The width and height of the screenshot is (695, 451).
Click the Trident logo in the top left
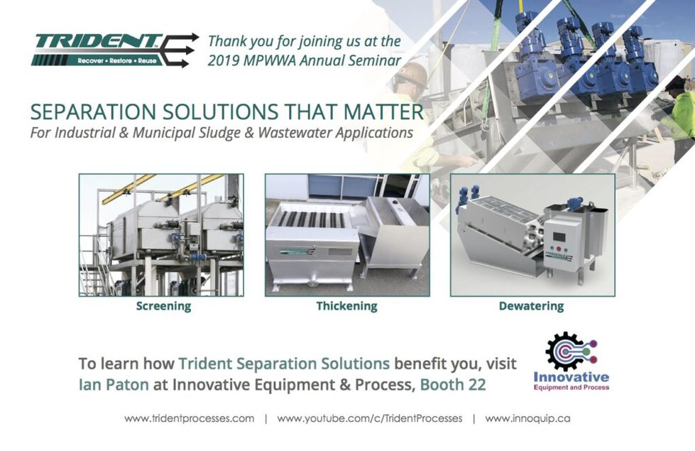coord(114,50)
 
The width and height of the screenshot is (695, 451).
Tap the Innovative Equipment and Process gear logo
coord(571,361)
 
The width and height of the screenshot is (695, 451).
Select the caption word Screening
coord(163,306)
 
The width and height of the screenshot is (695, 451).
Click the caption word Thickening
coord(346,306)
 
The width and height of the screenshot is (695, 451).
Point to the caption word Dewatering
coord(531,306)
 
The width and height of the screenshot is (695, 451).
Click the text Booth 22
coord(452,384)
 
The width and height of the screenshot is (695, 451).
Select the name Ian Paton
coord(114,384)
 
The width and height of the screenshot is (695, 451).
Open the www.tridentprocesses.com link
coord(190,418)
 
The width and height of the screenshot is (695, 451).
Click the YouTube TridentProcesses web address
coord(370,418)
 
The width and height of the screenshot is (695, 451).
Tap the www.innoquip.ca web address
coord(527,418)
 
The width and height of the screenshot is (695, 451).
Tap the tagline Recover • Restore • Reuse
coord(117,61)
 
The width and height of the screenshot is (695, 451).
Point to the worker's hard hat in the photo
coord(414,74)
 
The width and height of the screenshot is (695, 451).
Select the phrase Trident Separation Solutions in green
coord(284,364)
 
